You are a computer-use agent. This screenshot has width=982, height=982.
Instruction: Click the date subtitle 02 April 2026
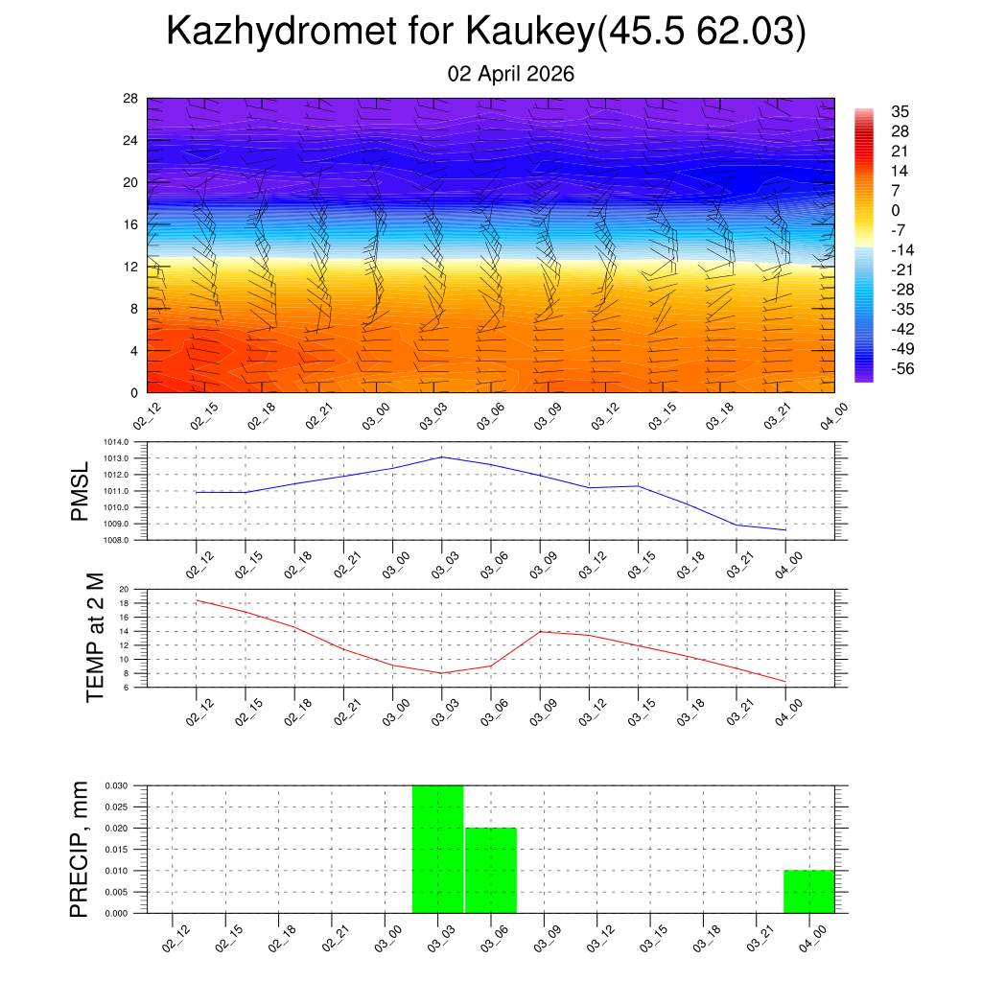pyautogui.click(x=511, y=74)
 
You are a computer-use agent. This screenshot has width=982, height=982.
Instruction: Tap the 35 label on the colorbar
pyautogui.click(x=900, y=111)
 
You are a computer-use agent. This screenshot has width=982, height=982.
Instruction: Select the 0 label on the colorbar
pyautogui.click(x=896, y=210)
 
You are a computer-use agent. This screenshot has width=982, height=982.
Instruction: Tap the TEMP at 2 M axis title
pyautogui.click(x=94, y=637)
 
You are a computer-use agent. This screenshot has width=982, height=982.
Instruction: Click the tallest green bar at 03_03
pyautogui.click(x=437, y=849)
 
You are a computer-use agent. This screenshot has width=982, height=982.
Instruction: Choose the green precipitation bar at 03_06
pyautogui.click(x=491, y=870)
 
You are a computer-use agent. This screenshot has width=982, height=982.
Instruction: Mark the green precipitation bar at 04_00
pyautogui.click(x=808, y=892)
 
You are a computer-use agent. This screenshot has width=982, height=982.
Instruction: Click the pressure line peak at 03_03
pyautogui.click(x=442, y=456)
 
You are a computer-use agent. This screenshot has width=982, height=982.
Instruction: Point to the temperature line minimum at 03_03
pyautogui.click(x=442, y=673)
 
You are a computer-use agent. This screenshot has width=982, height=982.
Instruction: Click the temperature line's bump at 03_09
pyautogui.click(x=540, y=631)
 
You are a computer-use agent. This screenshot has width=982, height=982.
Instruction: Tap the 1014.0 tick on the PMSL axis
pyautogui.click(x=130, y=442)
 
